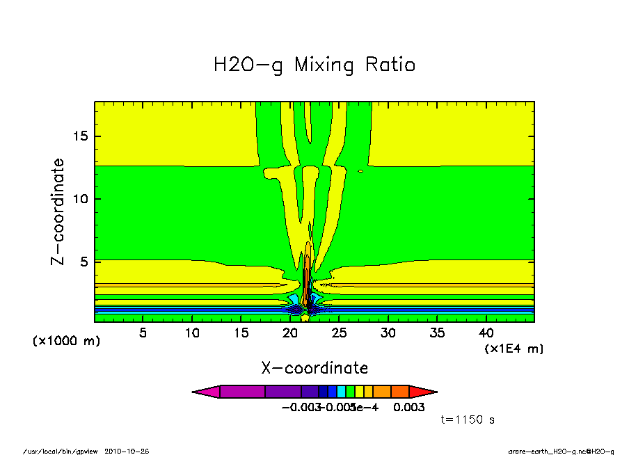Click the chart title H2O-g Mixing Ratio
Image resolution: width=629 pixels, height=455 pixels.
[x=314, y=65]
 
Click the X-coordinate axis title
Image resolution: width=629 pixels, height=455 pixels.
[x=314, y=368]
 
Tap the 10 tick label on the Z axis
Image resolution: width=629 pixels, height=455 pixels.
[x=80, y=199]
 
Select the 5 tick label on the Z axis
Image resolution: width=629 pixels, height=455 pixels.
[x=84, y=262]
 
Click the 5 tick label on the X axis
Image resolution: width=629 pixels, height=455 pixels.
[x=143, y=333]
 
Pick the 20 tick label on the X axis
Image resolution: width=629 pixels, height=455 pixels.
[x=291, y=333]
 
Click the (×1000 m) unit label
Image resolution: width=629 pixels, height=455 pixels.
[x=66, y=342]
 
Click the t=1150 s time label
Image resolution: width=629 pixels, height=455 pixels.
[x=468, y=420]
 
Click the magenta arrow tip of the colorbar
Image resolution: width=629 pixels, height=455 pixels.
[x=205, y=392]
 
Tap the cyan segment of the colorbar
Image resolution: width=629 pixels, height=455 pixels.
[x=342, y=392]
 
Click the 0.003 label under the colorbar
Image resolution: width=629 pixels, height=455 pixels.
[x=408, y=407]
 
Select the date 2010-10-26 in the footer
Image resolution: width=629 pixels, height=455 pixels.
[x=127, y=451]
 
